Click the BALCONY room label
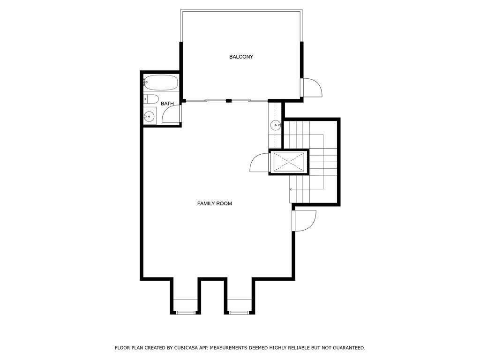coord(241,57)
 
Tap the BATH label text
coord(167,104)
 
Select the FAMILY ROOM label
coord(214,203)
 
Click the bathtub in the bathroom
coord(161,83)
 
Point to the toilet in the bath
coord(150,99)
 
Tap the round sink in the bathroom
coord(150,116)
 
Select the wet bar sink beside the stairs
coord(275,125)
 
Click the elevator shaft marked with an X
coord(289,162)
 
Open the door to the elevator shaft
coord(259,163)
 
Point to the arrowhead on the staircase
coord(291,189)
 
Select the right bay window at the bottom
coord(238,312)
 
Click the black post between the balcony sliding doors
coord(228,100)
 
